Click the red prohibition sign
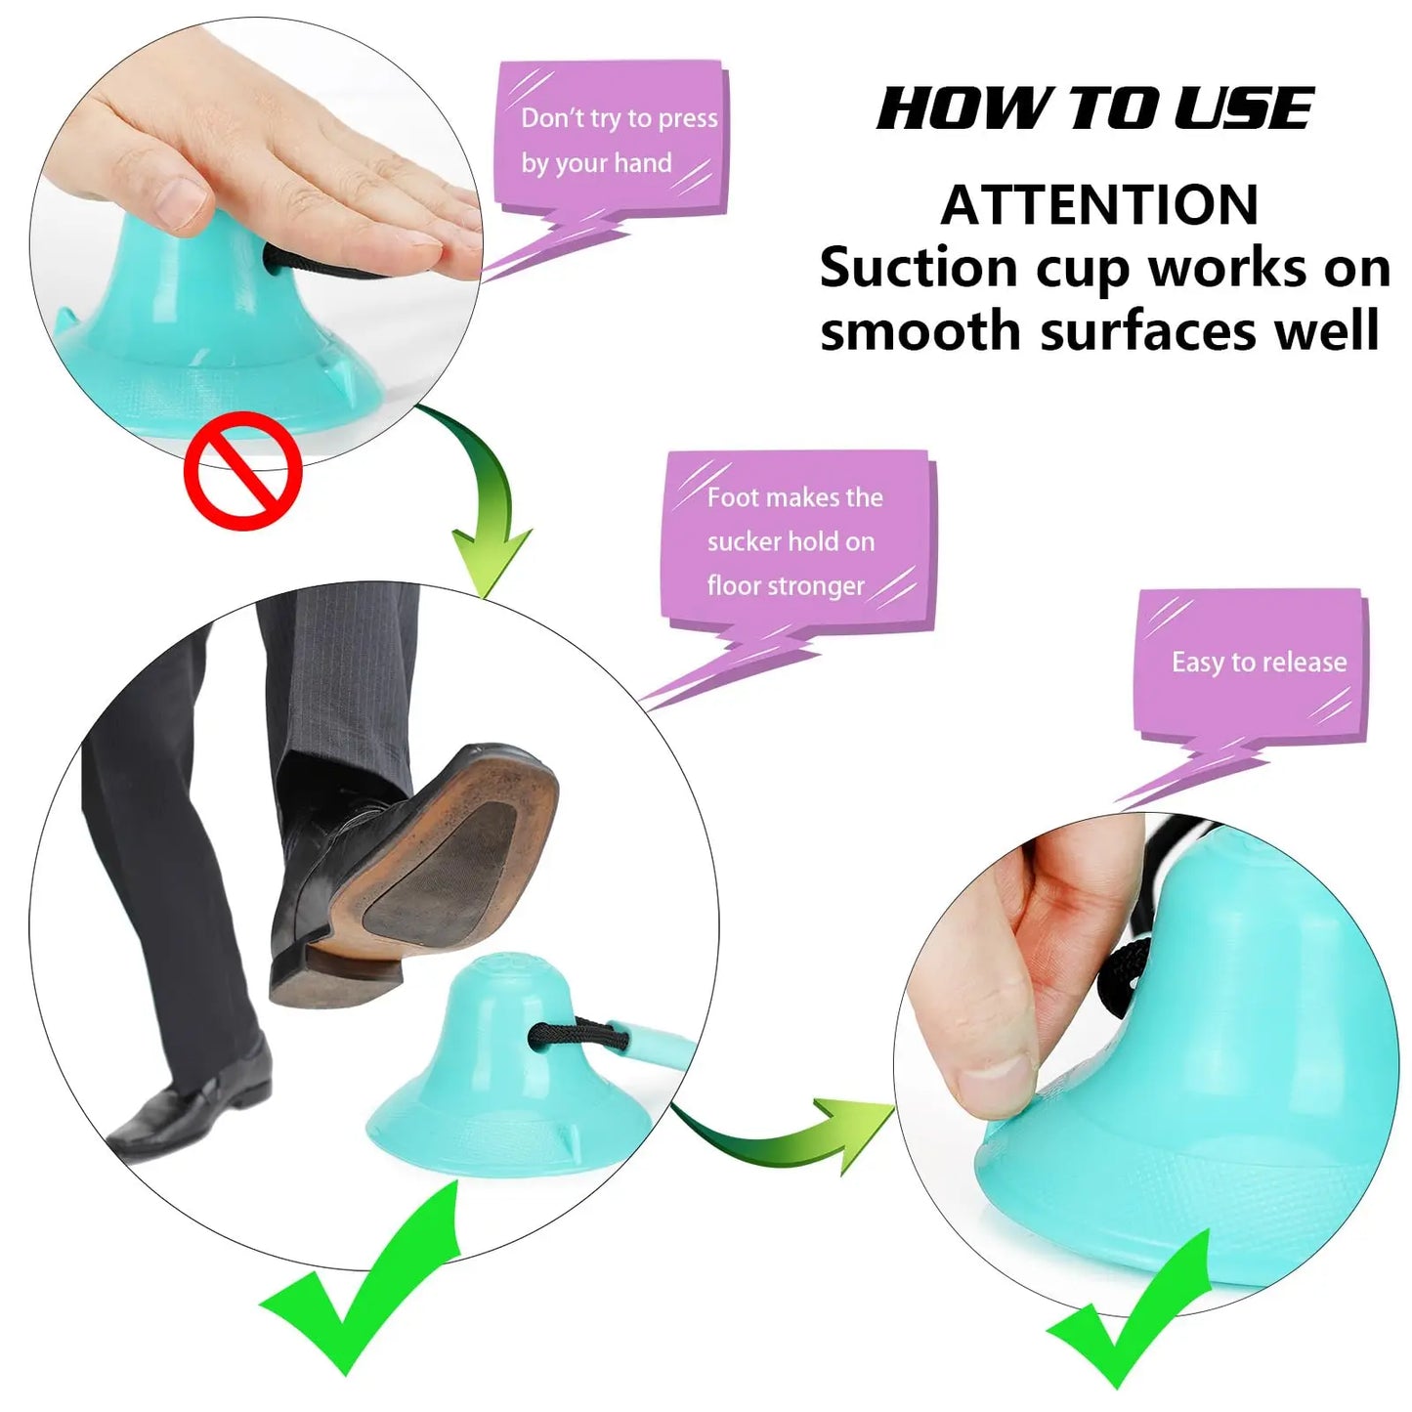pos(242,470)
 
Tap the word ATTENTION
pos(1100,206)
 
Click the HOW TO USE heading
pos(1094,108)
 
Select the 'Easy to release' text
pos(1259,663)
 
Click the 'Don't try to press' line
pos(620,118)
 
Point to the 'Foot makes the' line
pos(794,497)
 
